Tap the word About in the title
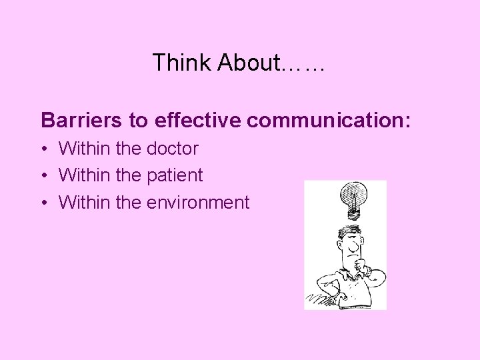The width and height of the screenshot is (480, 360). [x=249, y=63]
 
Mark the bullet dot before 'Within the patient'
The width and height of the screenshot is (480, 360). [x=44, y=176]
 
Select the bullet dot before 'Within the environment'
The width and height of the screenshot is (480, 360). [x=44, y=203]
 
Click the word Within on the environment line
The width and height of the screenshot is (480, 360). [x=84, y=202]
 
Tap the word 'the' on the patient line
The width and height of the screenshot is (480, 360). [x=128, y=175]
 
